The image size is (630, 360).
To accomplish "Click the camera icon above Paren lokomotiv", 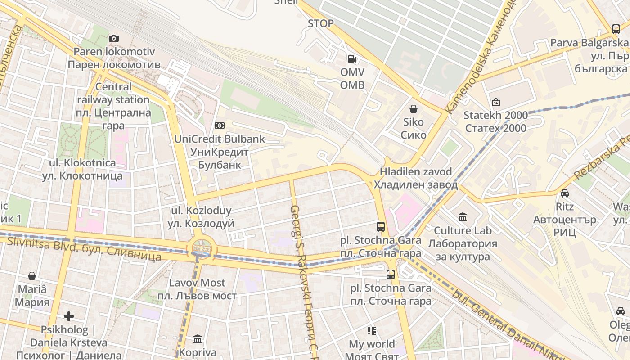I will (114, 39).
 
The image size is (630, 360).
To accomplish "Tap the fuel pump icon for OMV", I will (352, 59).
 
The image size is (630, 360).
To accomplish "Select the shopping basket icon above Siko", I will (413, 109).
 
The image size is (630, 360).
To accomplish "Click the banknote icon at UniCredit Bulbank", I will (220, 126).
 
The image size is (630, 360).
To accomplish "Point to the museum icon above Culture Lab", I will (462, 217).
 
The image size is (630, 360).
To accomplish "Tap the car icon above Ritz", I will (564, 193).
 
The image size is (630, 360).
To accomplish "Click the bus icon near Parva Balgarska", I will (616, 29).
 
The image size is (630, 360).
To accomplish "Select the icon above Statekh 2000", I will (495, 102).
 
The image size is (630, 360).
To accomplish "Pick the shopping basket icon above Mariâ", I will (32, 275).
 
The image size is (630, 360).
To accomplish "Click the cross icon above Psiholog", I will (68, 316).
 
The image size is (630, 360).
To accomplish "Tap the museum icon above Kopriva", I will (198, 339).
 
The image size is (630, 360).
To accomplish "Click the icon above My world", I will (371, 331).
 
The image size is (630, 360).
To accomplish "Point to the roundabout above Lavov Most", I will (201, 247).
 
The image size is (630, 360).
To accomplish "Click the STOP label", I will (321, 23).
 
